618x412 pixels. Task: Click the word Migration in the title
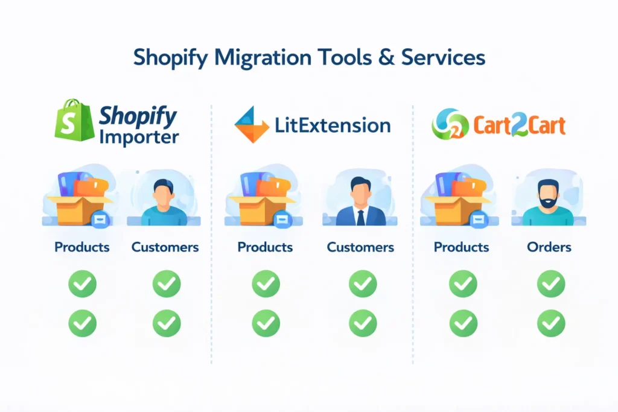coord(263,58)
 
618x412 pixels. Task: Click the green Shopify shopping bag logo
coord(74,120)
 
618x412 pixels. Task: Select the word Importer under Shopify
coord(139,138)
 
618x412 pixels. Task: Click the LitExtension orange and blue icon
coord(252,124)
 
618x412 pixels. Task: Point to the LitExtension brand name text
coord(333,125)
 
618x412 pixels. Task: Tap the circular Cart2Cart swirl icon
coord(450,124)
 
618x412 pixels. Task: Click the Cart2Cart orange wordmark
coord(520,125)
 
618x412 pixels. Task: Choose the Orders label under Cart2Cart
coord(549,247)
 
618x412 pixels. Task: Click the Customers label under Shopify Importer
coord(165,247)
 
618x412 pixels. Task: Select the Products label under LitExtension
coord(265,247)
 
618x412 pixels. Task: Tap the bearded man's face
coord(548,195)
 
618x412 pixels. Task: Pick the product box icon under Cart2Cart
coord(459,199)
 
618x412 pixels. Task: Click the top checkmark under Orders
coord(551,284)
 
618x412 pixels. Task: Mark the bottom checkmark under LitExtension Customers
coord(363,323)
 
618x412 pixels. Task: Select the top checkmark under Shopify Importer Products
coord(82,284)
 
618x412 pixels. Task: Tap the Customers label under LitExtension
coord(360,247)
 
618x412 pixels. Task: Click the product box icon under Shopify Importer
coord(80,199)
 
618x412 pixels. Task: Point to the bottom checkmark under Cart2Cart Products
coord(463,323)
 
